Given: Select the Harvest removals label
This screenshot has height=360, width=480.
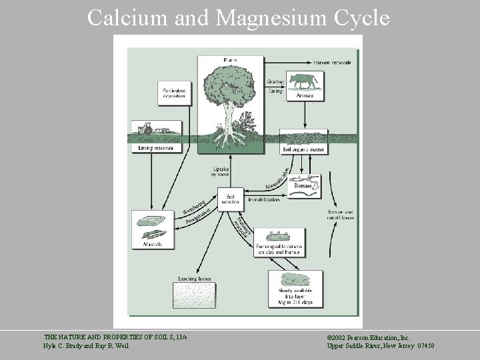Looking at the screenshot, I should (332, 62).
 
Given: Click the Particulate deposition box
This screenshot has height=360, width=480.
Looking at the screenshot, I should (173, 93).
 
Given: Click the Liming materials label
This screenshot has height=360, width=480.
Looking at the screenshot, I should (155, 147).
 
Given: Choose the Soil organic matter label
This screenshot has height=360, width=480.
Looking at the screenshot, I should (303, 149).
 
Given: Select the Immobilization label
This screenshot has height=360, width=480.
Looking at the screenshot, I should (263, 199).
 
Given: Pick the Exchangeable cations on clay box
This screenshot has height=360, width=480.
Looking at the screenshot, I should (279, 243).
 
